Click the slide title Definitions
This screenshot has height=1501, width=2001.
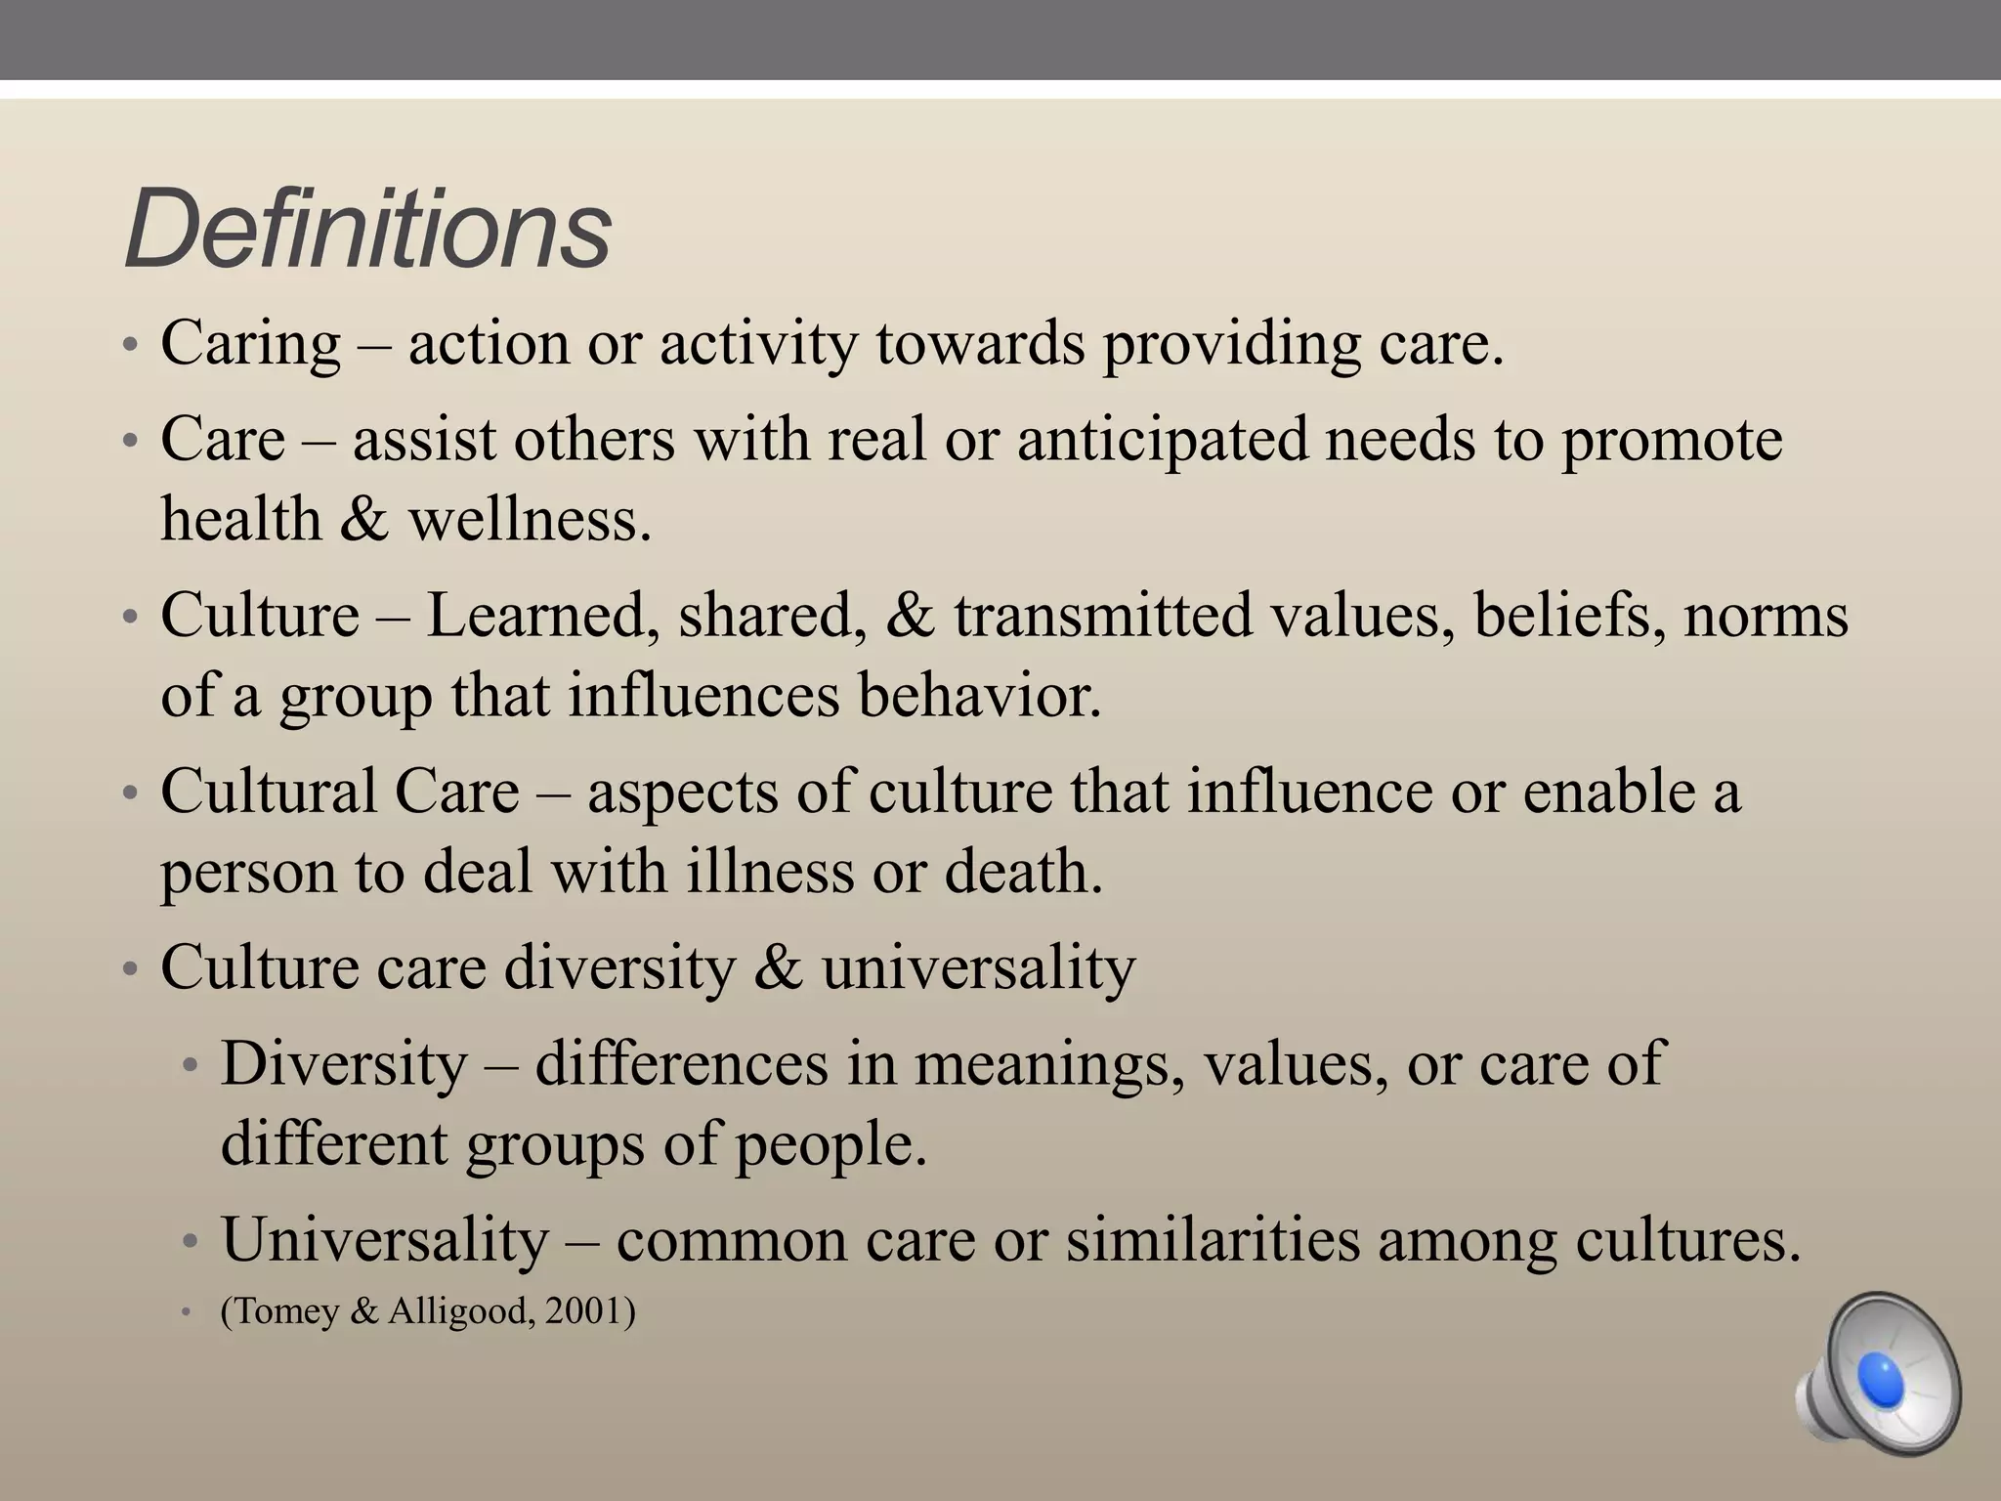[x=367, y=231]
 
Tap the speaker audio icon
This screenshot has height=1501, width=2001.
[x=1877, y=1373]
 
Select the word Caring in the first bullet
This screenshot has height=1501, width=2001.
[x=250, y=344]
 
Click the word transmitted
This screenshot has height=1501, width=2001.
[x=1103, y=617]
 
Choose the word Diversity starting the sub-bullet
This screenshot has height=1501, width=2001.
[x=344, y=1063]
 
